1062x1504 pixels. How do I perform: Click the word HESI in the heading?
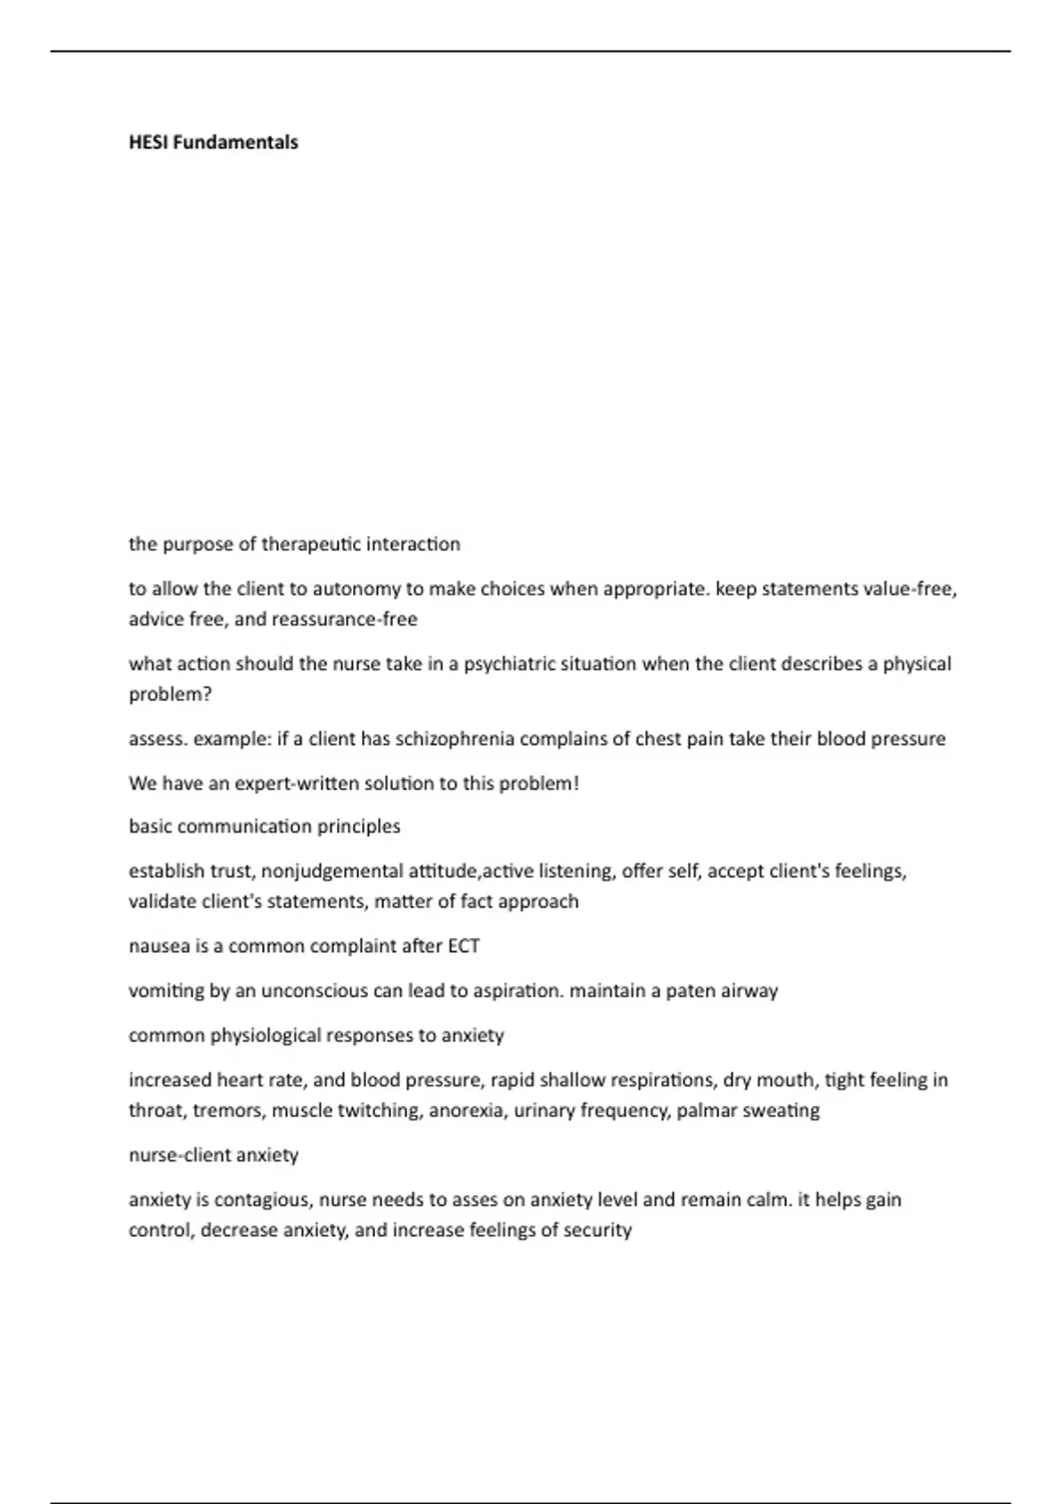149,142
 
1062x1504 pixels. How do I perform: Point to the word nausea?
158,946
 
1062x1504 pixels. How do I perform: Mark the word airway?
749,991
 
